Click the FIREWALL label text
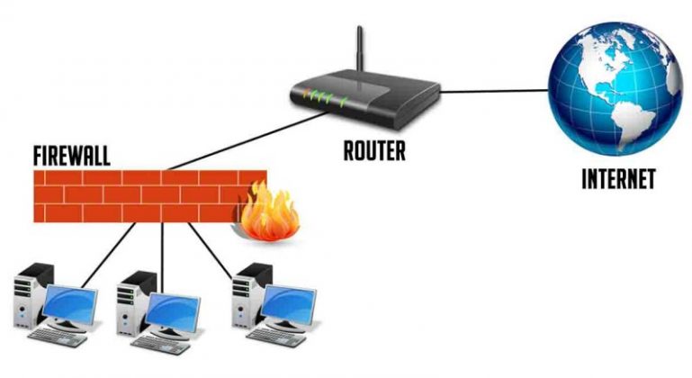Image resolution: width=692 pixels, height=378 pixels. [x=71, y=154]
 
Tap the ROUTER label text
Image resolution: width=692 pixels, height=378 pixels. [x=374, y=150]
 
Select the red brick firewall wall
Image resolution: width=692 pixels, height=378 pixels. [x=135, y=193]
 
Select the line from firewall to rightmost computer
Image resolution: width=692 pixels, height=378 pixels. [x=212, y=247]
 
